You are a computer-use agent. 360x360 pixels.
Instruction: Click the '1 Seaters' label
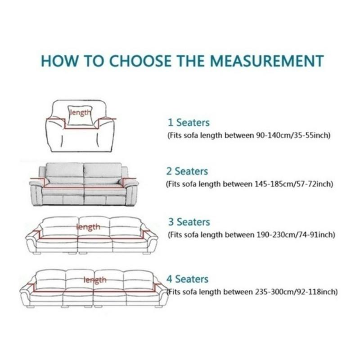pos(189,122)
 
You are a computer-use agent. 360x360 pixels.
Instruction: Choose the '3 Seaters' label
pos(189,222)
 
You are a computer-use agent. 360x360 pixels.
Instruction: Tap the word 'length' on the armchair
pos(80,112)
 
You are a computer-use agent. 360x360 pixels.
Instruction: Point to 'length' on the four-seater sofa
pos(94,280)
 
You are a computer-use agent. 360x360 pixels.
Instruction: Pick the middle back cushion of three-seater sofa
pos(94,225)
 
